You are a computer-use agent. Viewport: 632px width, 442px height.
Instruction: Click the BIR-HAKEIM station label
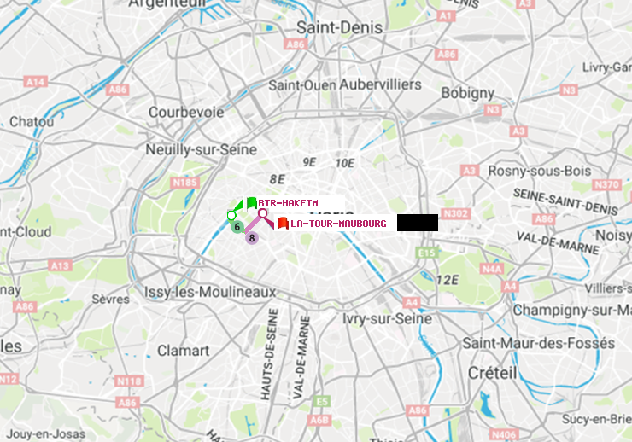coord(283,203)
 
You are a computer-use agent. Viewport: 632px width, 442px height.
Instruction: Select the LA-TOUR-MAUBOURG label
coord(338,224)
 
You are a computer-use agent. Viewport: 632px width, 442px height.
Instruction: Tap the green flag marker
coord(251,203)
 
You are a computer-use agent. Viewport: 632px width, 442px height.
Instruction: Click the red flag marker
coord(282,224)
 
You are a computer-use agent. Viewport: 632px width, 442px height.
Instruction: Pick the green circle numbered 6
coord(237,227)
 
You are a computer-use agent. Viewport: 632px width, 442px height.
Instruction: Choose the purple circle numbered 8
coord(252,237)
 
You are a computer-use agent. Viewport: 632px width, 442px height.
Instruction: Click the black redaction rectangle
coord(418,223)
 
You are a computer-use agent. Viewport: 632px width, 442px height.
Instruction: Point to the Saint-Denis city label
coord(339,28)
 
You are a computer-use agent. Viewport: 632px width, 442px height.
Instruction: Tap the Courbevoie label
coord(186,112)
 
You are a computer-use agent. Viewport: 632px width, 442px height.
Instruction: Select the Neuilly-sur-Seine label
coord(202,149)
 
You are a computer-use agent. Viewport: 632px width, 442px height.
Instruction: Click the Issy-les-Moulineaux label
coord(210,293)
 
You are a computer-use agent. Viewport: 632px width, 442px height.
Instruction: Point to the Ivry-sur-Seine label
coord(387,318)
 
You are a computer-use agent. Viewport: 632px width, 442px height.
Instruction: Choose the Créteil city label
coord(492,373)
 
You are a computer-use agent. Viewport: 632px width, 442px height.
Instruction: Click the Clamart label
coord(183,351)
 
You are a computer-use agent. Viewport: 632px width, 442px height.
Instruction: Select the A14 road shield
coord(35,82)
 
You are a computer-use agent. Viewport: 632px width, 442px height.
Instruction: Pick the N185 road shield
coord(184,182)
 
